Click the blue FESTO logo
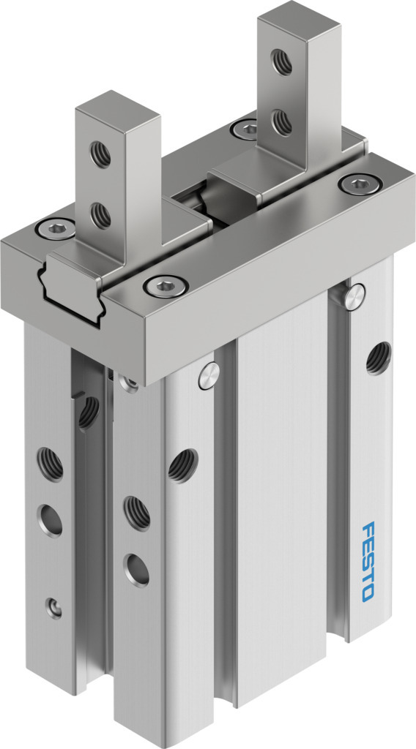368,561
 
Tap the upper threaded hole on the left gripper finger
100,154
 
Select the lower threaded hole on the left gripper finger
100,215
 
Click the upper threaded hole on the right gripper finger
282,61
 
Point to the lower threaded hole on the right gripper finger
282,122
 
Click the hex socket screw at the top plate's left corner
56,229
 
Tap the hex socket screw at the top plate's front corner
166,286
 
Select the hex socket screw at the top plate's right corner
360,184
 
